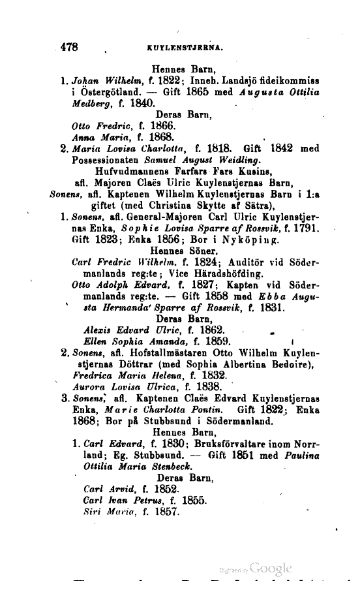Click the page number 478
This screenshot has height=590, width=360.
(x=69, y=47)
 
